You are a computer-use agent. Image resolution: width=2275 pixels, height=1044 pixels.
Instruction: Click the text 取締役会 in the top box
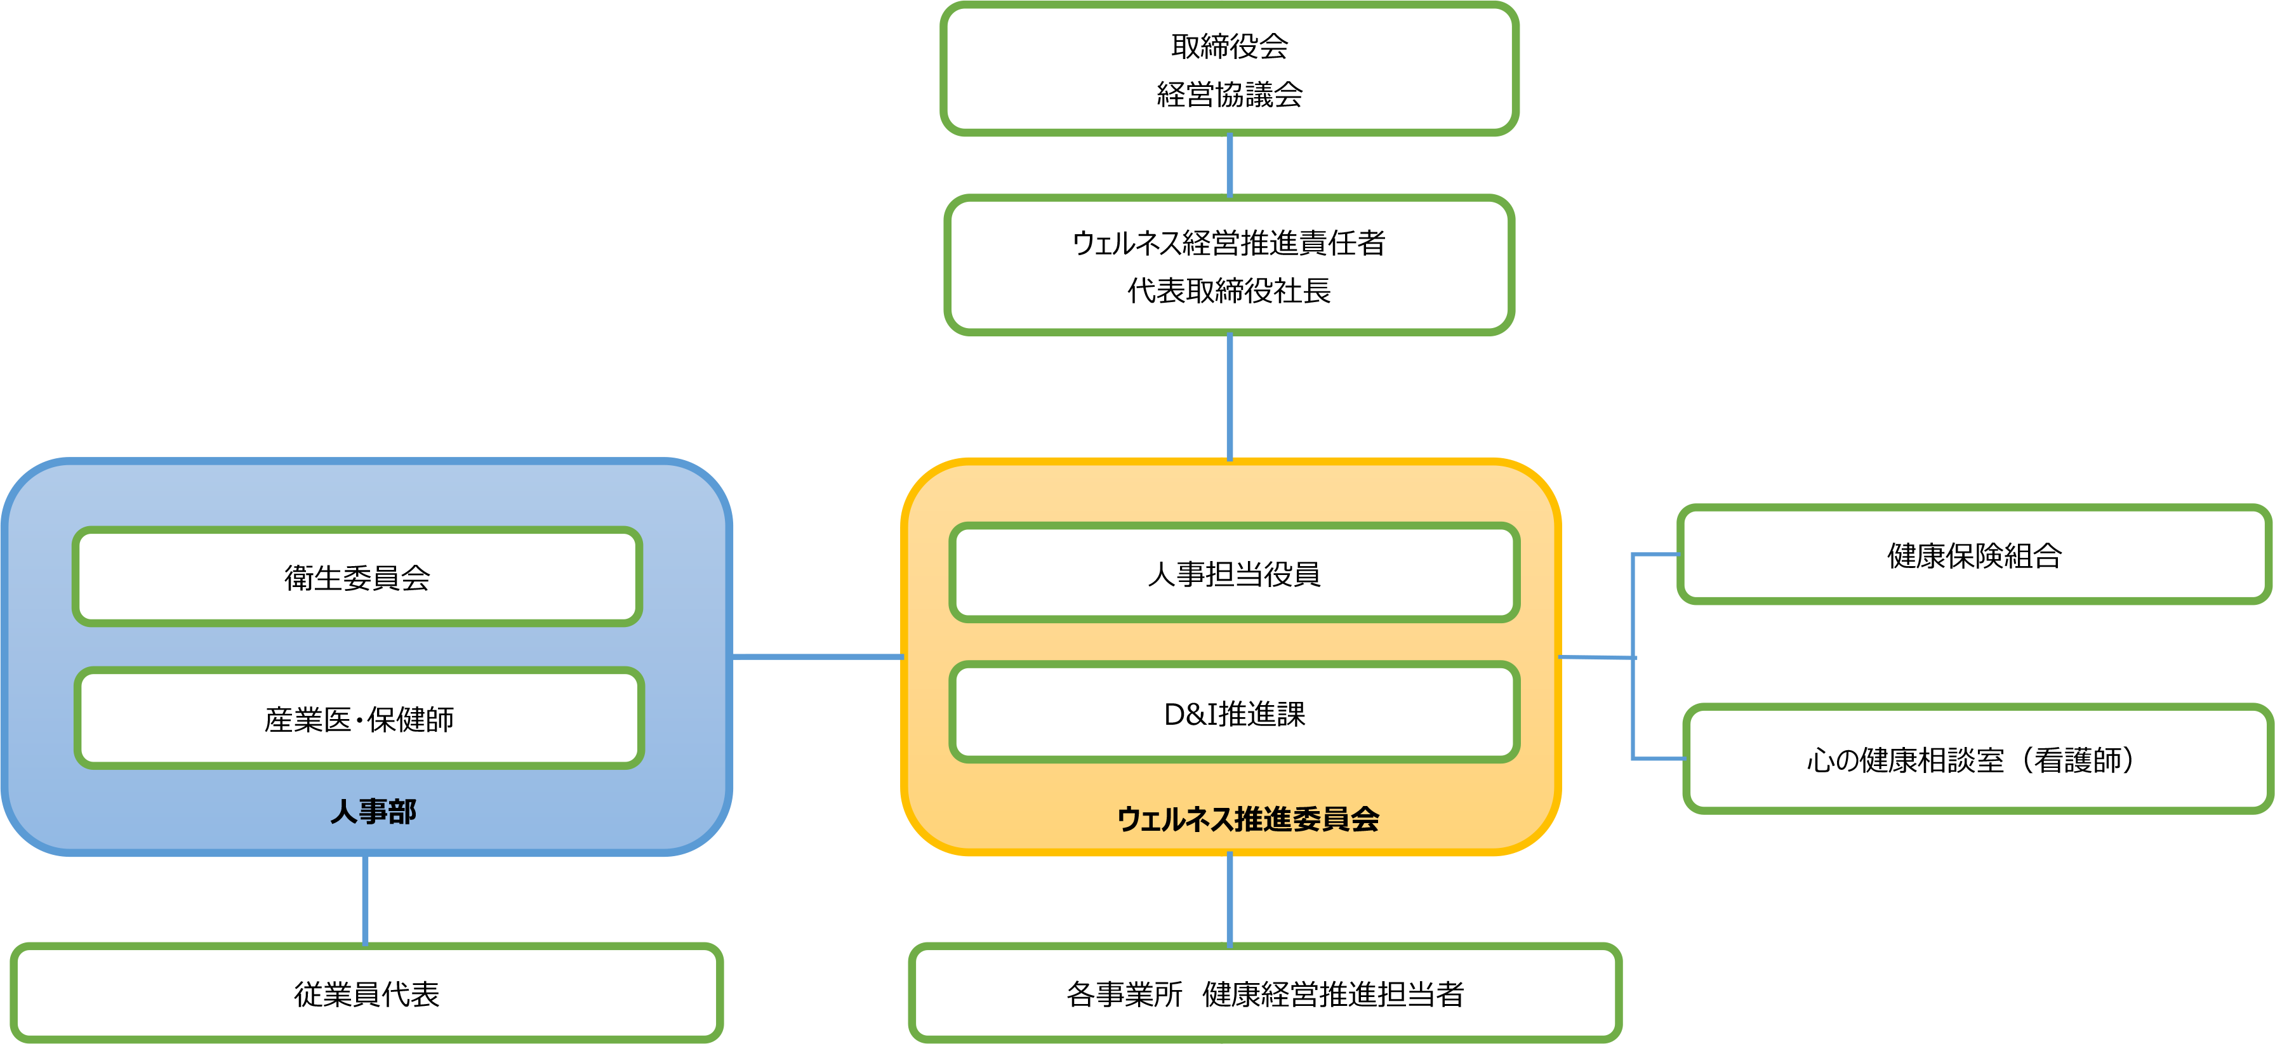tap(1230, 46)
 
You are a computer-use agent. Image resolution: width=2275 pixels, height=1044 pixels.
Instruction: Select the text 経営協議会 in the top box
tap(1230, 94)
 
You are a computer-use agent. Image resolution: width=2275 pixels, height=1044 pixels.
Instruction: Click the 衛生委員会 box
tap(357, 577)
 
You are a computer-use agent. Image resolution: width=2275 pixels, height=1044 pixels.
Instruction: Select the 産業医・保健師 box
tap(359, 718)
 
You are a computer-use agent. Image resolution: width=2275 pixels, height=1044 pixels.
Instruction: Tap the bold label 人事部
tap(373, 811)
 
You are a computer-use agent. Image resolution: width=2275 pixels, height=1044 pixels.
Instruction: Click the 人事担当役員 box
tap(1234, 573)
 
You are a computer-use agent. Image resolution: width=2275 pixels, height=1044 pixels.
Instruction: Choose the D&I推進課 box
tap(1234, 713)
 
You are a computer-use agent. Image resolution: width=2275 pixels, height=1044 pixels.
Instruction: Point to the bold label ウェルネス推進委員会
tap(1248, 819)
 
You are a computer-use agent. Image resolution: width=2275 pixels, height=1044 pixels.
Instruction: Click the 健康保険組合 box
tap(1974, 555)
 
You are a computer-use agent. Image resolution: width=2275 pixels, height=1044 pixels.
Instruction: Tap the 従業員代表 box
tap(366, 994)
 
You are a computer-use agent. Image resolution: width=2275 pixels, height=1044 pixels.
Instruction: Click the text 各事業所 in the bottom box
tap(1124, 994)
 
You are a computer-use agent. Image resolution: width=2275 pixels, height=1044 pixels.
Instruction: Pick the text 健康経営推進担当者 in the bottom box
tap(1332, 994)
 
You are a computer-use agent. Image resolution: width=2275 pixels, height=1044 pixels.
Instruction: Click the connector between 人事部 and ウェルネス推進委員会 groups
tap(818, 656)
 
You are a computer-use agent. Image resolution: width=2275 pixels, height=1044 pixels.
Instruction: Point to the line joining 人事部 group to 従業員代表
tap(365, 899)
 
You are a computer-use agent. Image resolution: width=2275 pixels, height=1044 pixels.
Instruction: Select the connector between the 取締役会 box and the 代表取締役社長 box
tap(1228, 165)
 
